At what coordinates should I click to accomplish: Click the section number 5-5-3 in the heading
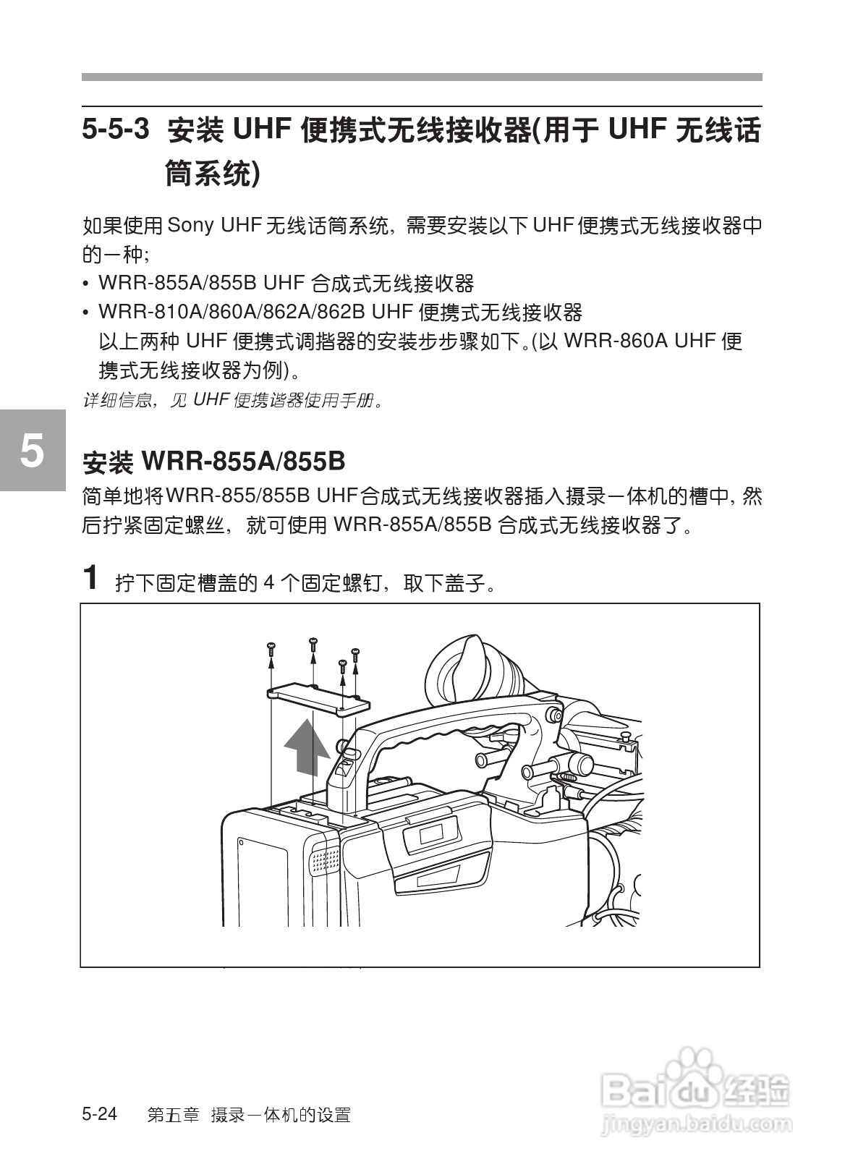click(x=116, y=130)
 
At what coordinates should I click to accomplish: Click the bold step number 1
click(x=90, y=577)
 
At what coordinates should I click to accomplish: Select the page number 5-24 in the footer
click(x=100, y=1113)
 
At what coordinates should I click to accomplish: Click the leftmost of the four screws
click(x=271, y=646)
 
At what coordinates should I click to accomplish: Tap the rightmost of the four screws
click(x=355, y=653)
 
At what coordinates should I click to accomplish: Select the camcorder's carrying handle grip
click(x=441, y=731)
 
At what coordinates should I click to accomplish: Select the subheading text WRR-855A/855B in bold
click(x=243, y=460)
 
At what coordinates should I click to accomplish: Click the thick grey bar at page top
click(x=422, y=77)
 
